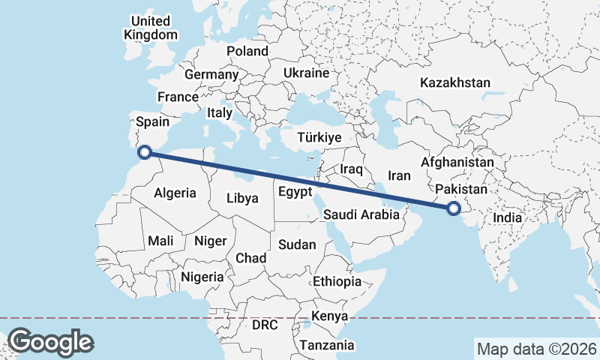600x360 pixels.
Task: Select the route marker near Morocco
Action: (x=145, y=152)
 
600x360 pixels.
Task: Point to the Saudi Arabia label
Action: (x=361, y=214)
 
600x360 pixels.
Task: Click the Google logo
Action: (x=50, y=342)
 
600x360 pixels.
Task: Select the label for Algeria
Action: (x=175, y=193)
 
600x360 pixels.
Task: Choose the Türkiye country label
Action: (x=319, y=138)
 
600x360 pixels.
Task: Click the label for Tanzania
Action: (x=327, y=345)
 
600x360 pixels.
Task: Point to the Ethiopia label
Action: (x=337, y=281)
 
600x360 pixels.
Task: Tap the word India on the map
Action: (x=507, y=217)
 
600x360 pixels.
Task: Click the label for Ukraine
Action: (x=306, y=73)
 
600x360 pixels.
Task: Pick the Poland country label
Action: (x=247, y=51)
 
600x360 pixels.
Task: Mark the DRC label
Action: (x=265, y=325)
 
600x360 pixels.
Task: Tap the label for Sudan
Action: (x=297, y=244)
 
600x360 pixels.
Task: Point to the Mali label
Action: (x=161, y=241)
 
